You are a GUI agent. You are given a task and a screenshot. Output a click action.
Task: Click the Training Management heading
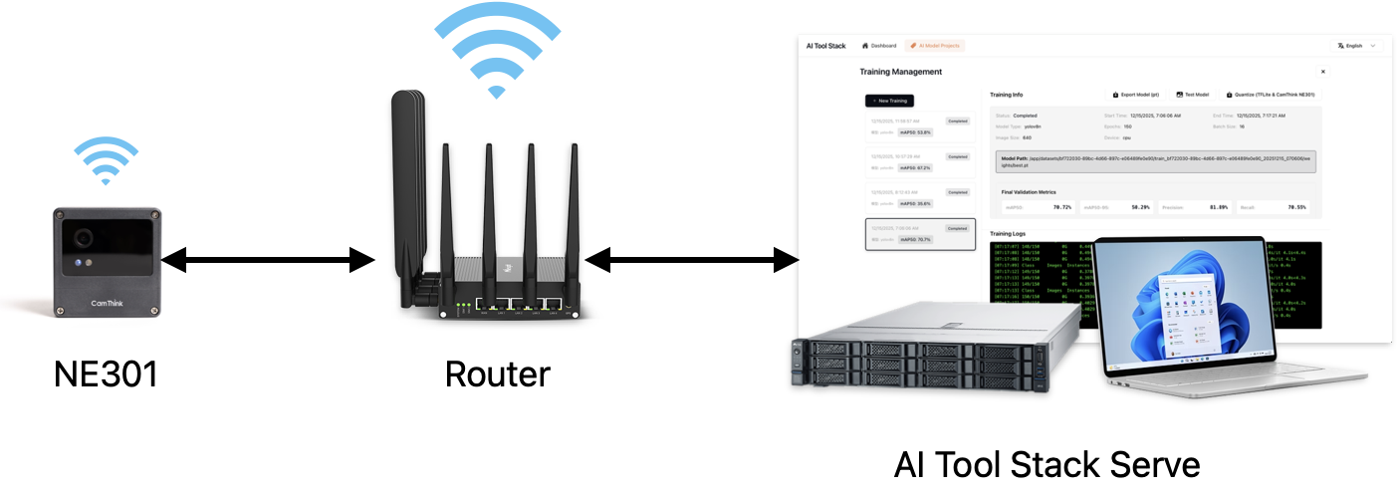coord(900,72)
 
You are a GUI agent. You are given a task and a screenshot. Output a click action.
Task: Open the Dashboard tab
coord(879,46)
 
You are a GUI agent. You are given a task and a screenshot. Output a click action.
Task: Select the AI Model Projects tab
coord(935,46)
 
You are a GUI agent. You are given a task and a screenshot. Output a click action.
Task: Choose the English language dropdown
coord(1357,46)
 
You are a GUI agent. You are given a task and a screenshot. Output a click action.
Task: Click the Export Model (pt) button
coord(1135,95)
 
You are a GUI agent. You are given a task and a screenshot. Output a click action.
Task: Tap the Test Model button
coord(1193,95)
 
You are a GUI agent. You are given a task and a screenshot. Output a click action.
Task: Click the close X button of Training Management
coord(1322,72)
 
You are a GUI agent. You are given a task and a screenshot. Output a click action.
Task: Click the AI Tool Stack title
coord(825,46)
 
